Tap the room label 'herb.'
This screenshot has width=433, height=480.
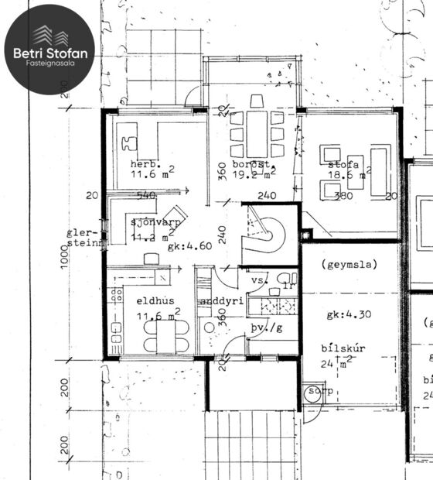pos(145,165)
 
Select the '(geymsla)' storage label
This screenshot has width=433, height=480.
pos(346,264)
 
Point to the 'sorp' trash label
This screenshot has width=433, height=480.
pos(320,392)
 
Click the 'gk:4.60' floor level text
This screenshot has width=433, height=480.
pos(189,247)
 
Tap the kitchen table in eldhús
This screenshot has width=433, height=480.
pos(165,334)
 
